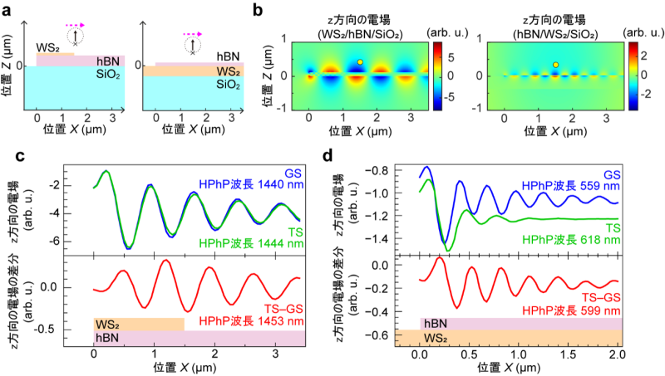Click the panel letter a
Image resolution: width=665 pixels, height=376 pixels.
click(x=7, y=10)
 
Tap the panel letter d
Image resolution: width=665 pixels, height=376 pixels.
click(x=328, y=156)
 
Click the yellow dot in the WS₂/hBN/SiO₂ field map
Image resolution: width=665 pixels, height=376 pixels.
click(x=360, y=62)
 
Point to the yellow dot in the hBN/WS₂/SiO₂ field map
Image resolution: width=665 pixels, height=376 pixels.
click(x=555, y=65)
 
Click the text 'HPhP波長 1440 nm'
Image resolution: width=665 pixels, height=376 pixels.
click(x=251, y=184)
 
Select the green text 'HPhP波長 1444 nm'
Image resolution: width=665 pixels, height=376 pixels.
click(x=251, y=243)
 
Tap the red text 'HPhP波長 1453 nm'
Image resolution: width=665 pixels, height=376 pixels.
click(x=251, y=321)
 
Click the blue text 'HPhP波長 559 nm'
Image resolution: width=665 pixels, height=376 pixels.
click(x=571, y=186)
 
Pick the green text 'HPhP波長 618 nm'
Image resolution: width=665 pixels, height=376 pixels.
click(x=571, y=240)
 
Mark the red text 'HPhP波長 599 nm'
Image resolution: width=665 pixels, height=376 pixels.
click(x=571, y=310)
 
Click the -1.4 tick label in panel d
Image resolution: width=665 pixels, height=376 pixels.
click(x=380, y=239)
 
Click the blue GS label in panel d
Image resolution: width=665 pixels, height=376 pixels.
click(x=612, y=174)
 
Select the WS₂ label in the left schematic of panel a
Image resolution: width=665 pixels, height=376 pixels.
click(x=47, y=48)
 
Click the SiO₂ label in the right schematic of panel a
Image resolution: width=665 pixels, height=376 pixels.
click(x=228, y=85)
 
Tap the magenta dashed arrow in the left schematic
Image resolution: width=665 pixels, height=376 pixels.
click(x=75, y=26)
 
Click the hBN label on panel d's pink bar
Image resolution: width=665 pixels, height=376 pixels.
click(x=435, y=324)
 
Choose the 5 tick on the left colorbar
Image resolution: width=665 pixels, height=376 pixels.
click(x=451, y=58)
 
